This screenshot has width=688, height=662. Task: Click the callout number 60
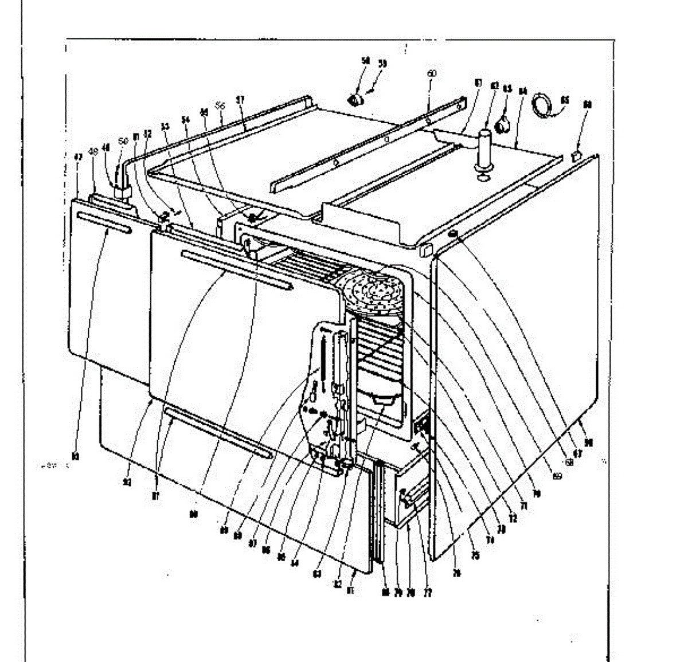coord(432,73)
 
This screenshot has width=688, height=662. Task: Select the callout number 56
coord(221,105)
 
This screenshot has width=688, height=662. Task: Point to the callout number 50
coord(123,141)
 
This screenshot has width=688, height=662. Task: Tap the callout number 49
coord(93,151)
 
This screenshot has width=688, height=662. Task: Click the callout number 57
coord(240,99)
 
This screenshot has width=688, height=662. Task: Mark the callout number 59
coord(382,64)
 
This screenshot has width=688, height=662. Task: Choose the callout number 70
coord(537,492)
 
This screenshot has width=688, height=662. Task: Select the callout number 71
coord(522,506)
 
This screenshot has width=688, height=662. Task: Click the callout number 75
coord(475,555)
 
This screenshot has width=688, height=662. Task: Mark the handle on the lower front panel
coord(217,431)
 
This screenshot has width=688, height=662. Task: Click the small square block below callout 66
coord(577,155)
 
